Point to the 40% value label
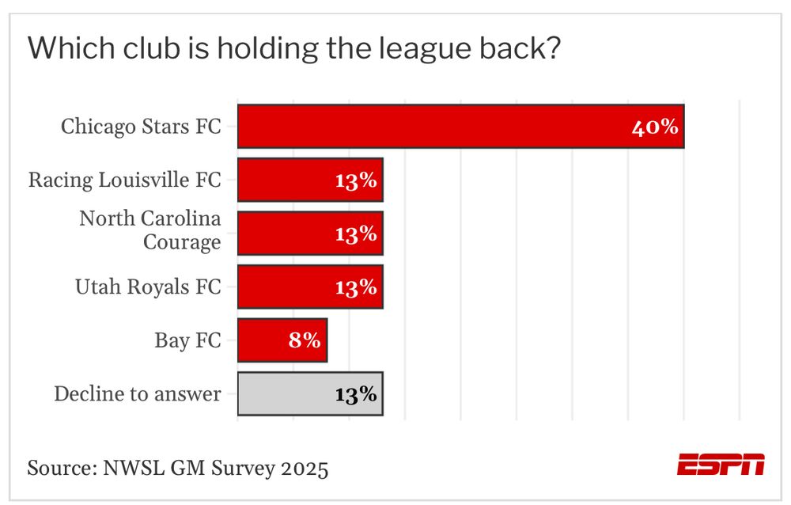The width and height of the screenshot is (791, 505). pyautogui.click(x=655, y=127)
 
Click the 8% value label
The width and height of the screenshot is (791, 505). pyautogui.click(x=305, y=340)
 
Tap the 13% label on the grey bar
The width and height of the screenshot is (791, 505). pyautogui.click(x=355, y=394)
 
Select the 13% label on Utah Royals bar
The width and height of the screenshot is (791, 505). pyautogui.click(x=355, y=287)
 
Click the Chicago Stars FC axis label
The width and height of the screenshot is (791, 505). pyautogui.click(x=141, y=127)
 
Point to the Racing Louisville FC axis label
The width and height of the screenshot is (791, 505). pyautogui.click(x=125, y=180)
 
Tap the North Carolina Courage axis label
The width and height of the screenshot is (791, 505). pyautogui.click(x=150, y=230)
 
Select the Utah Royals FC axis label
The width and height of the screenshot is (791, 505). pyautogui.click(x=148, y=287)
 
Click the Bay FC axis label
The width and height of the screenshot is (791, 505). pyautogui.click(x=187, y=340)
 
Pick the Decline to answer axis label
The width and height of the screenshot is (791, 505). pyautogui.click(x=138, y=393)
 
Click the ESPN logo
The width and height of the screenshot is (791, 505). pyautogui.click(x=721, y=465)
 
